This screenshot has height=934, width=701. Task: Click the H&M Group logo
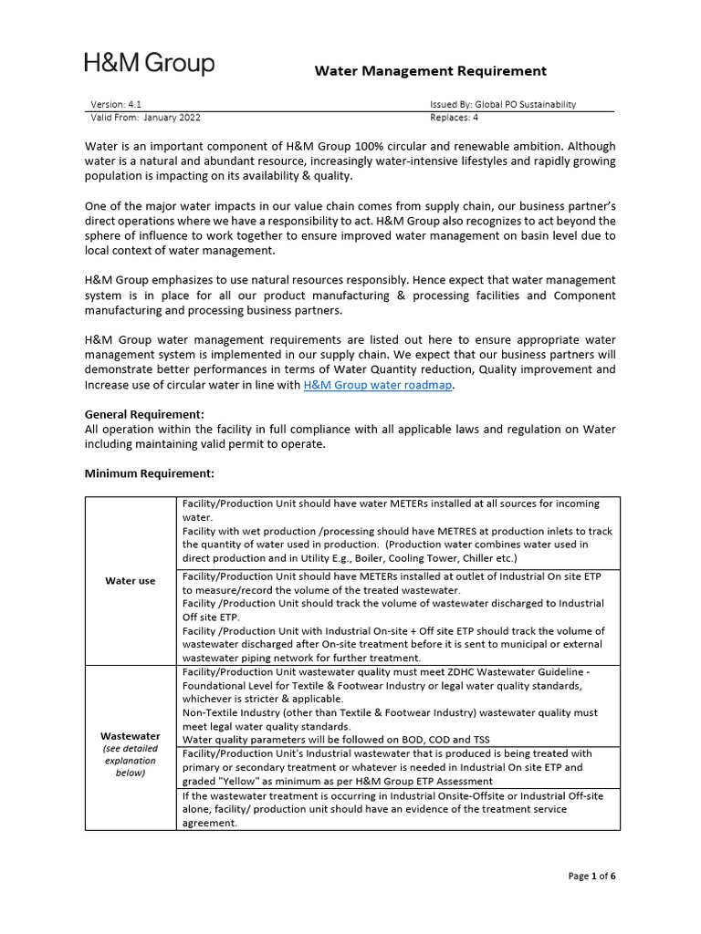point(150,64)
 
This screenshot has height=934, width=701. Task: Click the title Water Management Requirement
point(431,70)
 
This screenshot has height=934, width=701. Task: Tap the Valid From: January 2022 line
point(145,118)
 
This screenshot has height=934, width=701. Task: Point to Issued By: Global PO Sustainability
point(503,105)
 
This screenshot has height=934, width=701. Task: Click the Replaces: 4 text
point(454,118)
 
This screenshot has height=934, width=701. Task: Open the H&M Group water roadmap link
point(378,386)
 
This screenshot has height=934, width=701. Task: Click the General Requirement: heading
point(144,414)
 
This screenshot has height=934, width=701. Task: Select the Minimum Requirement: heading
point(149,473)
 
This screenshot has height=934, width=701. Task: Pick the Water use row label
point(131,581)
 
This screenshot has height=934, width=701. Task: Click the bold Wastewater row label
point(130,735)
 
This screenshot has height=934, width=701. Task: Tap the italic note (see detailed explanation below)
point(130,761)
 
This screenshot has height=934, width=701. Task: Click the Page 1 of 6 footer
point(591,877)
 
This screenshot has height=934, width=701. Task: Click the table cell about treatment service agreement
point(397,809)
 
